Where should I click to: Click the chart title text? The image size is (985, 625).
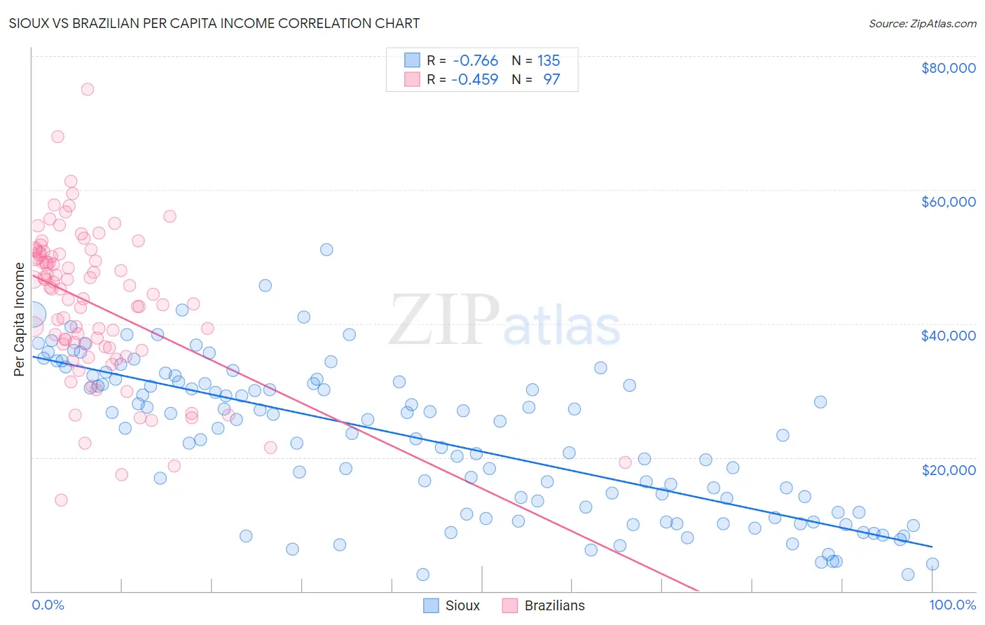tap(214, 23)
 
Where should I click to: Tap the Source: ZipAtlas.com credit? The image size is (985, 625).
tap(922, 24)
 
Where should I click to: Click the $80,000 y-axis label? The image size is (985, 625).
tap(948, 68)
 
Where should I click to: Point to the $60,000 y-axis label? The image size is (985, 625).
tap(948, 202)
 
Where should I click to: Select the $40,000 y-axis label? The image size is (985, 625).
tap(948, 336)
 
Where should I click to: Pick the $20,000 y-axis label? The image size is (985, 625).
tap(948, 469)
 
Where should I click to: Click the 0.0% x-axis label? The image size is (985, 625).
tap(48, 605)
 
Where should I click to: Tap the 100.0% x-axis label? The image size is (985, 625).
tap(952, 605)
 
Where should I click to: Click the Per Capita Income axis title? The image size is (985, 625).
tap(20, 319)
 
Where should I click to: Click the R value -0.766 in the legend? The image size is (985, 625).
tap(475, 61)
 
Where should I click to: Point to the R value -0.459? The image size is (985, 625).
tap(475, 79)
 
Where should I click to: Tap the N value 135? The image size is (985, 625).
tap(549, 61)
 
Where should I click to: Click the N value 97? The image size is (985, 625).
tap(551, 79)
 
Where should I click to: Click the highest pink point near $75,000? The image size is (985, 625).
tap(88, 89)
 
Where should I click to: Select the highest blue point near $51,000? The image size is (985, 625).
tap(326, 249)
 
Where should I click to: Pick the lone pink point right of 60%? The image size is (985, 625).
tap(626, 462)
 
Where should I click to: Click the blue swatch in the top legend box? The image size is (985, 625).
tap(412, 61)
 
